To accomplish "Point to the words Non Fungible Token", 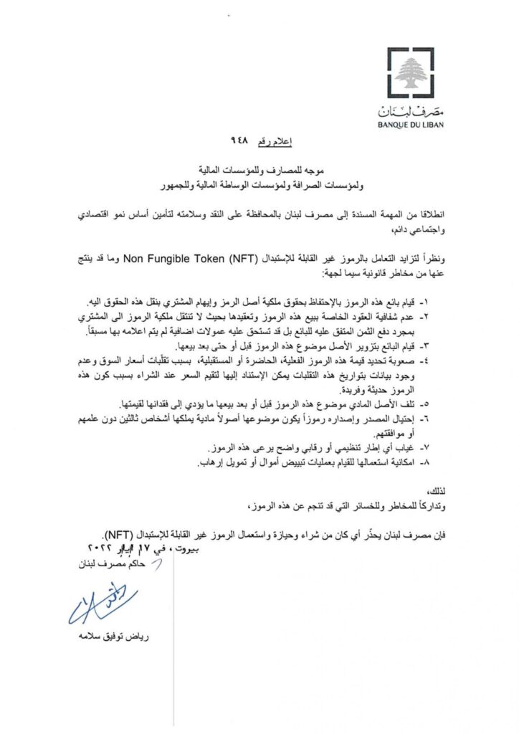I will pos(186,254).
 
